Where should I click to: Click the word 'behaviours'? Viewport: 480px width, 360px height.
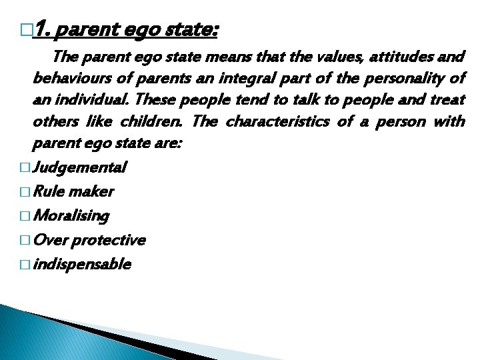[x=73, y=78]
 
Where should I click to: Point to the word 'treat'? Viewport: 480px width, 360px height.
[x=448, y=101]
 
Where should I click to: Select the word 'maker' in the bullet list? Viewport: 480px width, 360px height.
[x=92, y=192]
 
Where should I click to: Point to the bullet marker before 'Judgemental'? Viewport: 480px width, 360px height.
[x=25, y=167]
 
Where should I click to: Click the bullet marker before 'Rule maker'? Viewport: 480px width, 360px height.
[x=25, y=192]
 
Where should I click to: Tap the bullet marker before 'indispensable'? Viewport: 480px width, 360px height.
[x=25, y=265]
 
